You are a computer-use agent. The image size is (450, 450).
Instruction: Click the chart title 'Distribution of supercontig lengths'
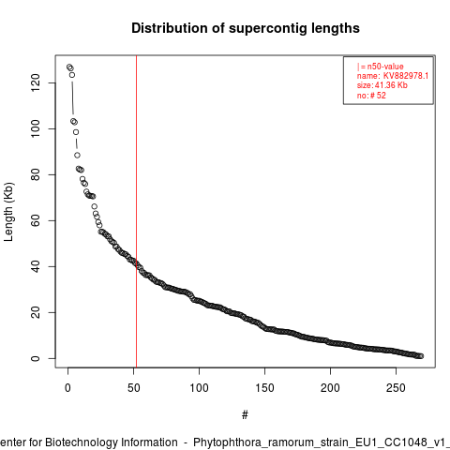click(x=246, y=28)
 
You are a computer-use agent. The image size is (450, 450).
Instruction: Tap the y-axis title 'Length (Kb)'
click(x=8, y=212)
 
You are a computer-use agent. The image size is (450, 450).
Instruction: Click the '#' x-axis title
click(x=245, y=415)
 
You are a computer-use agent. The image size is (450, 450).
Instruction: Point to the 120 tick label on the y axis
click(x=36, y=82)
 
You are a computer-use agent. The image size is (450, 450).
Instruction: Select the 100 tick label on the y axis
click(x=36, y=128)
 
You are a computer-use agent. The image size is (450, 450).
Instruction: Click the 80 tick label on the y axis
click(x=36, y=174)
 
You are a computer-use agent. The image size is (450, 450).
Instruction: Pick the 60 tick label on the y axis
click(x=36, y=220)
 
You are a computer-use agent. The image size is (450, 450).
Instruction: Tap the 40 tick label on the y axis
click(x=36, y=266)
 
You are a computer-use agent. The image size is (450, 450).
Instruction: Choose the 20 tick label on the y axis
click(x=36, y=312)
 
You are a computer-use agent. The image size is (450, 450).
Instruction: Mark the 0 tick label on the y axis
click(x=36, y=358)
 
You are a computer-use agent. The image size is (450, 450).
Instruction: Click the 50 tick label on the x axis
click(x=133, y=388)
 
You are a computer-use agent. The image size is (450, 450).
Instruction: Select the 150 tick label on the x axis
click(x=264, y=388)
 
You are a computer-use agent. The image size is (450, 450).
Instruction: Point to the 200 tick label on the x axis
click(x=330, y=388)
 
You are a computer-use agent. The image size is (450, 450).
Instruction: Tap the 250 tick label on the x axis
click(x=396, y=388)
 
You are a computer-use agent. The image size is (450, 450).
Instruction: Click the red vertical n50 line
click(x=136, y=211)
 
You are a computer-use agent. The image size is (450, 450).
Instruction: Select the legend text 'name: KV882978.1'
click(x=393, y=76)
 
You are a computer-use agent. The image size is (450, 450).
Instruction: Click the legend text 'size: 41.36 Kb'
click(x=382, y=85)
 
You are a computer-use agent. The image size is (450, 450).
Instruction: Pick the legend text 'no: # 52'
click(x=371, y=96)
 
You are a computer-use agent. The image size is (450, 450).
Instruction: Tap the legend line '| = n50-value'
click(x=380, y=67)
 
